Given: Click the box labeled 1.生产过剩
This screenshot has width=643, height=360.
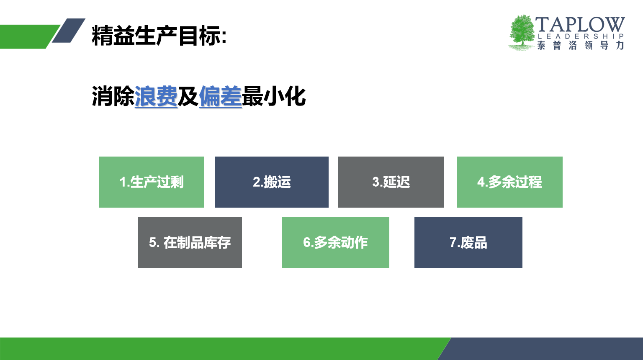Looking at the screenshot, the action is point(151,182).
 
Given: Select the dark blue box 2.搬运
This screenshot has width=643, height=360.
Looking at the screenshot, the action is point(272,182).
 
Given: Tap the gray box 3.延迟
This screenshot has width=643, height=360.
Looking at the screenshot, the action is point(391,182).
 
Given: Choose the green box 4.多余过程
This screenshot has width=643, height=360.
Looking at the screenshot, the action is point(509,182).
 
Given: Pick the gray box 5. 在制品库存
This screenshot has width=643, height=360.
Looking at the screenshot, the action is point(190,243).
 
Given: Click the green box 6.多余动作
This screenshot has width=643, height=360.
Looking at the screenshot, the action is point(335,242).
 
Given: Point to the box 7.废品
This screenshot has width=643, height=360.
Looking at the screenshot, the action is point(468,243).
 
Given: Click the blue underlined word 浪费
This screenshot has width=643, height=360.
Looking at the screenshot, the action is point(156,96).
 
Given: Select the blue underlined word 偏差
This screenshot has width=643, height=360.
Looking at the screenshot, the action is point(220,96).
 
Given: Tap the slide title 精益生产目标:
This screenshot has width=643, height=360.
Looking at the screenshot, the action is point(159,36).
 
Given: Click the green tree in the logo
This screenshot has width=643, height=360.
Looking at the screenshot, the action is point(522,33).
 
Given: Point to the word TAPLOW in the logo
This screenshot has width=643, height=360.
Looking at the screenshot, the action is point(580,24).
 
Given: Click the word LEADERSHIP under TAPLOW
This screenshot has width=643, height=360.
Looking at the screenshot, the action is point(581,36).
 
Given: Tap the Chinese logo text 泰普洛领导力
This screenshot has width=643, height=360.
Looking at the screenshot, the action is point(581,45).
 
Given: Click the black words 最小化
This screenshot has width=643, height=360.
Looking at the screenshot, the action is point(274,96).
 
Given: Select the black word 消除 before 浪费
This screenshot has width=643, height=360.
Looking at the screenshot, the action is point(113,96).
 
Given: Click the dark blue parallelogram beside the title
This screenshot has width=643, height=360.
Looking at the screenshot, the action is point(69,31).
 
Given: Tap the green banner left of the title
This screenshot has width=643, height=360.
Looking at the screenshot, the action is point(29,37).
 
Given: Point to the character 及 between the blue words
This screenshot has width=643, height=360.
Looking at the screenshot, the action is point(188,96).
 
